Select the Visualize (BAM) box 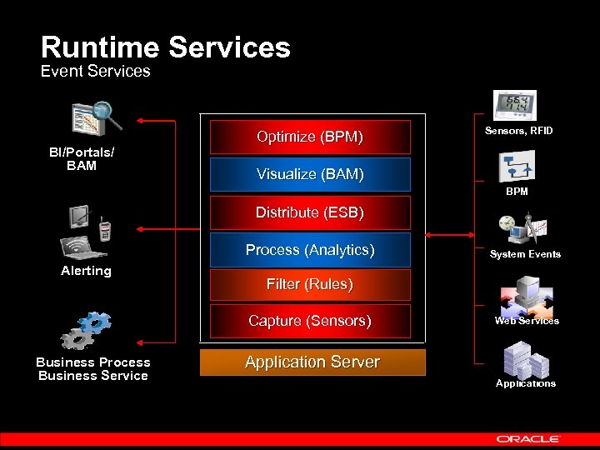310,175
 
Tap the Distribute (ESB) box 310,212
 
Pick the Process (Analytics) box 310,250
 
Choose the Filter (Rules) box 310,284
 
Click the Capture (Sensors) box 310,321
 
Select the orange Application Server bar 312,362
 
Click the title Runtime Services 166,47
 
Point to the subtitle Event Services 96,72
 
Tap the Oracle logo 528,438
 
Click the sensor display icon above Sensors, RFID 515,106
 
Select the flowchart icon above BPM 516,167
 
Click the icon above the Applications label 526,360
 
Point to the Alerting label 86,271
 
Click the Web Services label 527,321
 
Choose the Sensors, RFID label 518,131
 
